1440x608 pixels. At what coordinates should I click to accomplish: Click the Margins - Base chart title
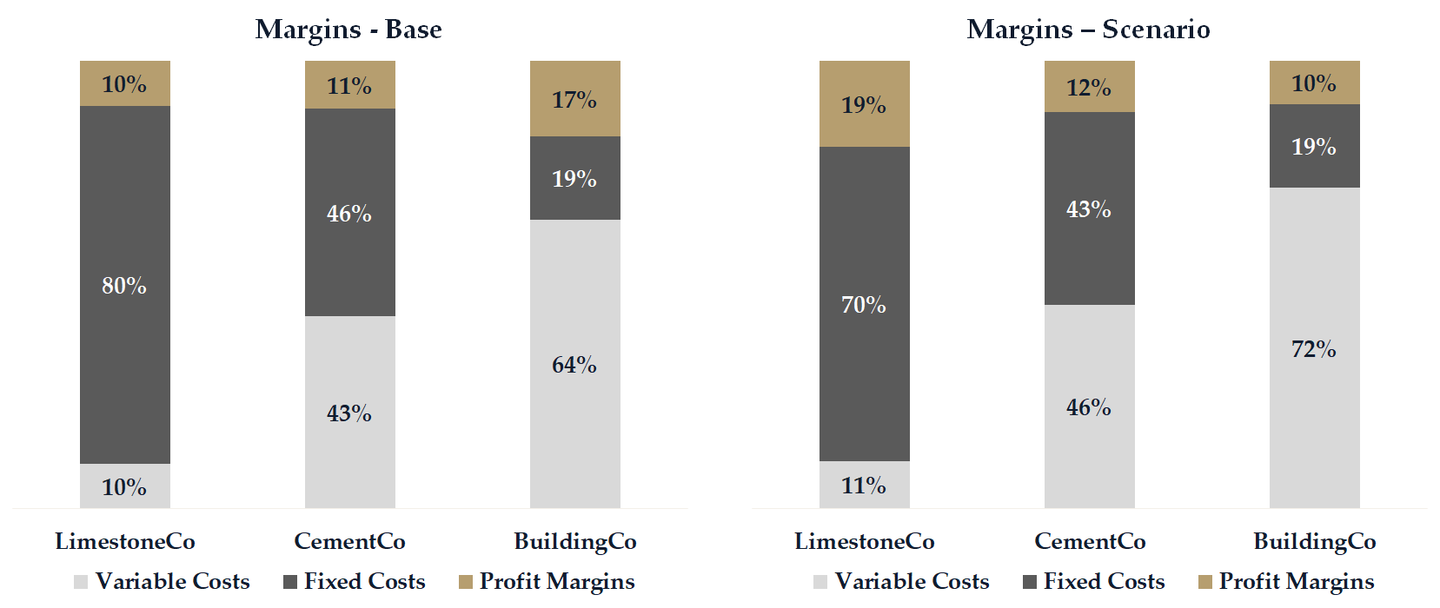click(348, 30)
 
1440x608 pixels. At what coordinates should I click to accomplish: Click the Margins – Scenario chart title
click(1088, 30)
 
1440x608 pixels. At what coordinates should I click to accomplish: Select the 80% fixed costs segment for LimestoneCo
click(124, 285)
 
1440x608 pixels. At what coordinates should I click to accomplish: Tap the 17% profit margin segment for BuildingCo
click(574, 99)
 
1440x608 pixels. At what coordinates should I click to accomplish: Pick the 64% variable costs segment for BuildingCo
click(574, 364)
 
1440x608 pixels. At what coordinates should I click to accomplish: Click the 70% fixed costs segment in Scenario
click(864, 304)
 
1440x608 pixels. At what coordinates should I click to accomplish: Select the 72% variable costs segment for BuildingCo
click(1314, 348)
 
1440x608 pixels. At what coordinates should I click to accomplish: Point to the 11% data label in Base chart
click(349, 86)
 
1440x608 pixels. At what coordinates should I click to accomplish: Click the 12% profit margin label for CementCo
click(1089, 88)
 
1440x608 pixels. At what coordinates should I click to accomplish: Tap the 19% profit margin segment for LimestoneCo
click(864, 104)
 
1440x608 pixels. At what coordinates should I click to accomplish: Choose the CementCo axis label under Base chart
click(349, 541)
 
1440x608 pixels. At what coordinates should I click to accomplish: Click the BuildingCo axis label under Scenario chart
click(1314, 541)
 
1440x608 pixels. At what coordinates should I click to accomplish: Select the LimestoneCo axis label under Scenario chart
click(864, 541)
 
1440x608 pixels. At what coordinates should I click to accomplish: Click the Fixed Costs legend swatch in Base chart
click(290, 582)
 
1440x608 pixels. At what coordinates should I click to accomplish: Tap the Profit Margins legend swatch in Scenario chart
click(1204, 582)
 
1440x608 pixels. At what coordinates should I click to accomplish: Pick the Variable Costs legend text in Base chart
click(172, 581)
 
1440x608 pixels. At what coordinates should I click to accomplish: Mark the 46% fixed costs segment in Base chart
click(349, 213)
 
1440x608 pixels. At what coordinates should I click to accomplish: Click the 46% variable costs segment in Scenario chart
click(1089, 406)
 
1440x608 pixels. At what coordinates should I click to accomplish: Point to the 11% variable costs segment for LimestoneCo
click(864, 485)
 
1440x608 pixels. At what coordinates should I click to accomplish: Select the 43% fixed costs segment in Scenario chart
click(1089, 208)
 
